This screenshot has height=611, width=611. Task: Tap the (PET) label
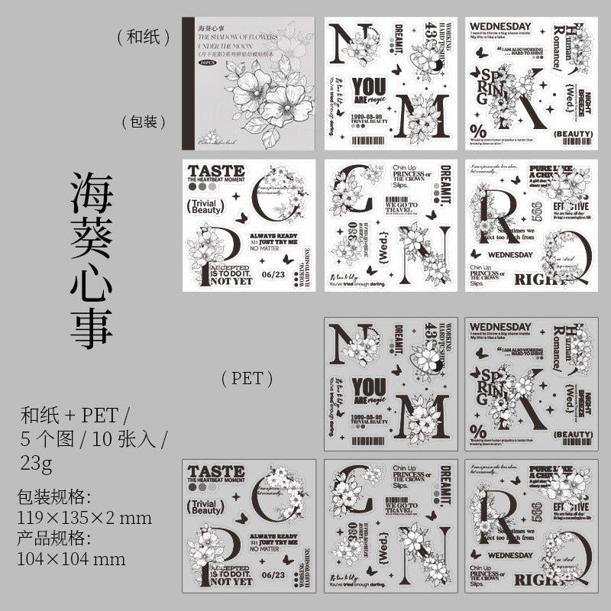pos(247,377)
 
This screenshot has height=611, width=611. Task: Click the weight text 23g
pos(39,463)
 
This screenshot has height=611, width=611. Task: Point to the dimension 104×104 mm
pos(71,558)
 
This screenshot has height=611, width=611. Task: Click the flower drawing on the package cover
pos(252,99)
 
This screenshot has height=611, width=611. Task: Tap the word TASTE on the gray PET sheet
pos(215,471)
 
